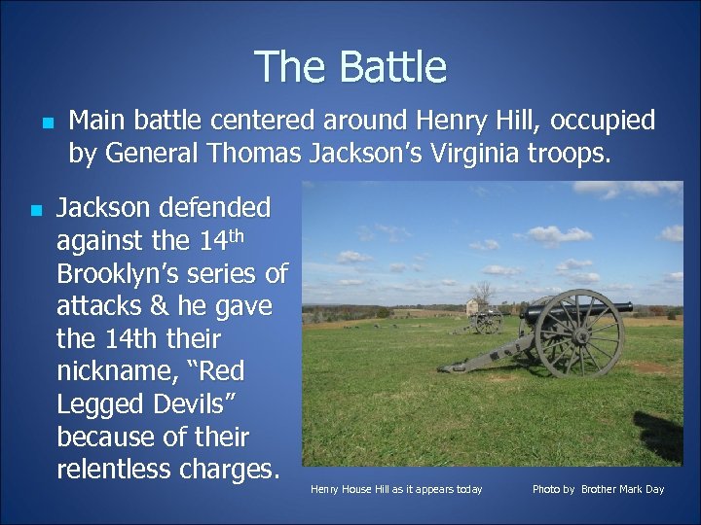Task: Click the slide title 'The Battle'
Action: pyautogui.click(x=350, y=67)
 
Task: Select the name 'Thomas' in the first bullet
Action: pyautogui.click(x=256, y=153)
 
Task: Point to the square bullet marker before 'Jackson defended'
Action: pyautogui.click(x=35, y=210)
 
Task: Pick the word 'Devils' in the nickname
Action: pyautogui.click(x=185, y=404)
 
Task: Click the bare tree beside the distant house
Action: pyautogui.click(x=482, y=292)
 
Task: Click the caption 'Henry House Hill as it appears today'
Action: pyautogui.click(x=396, y=489)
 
